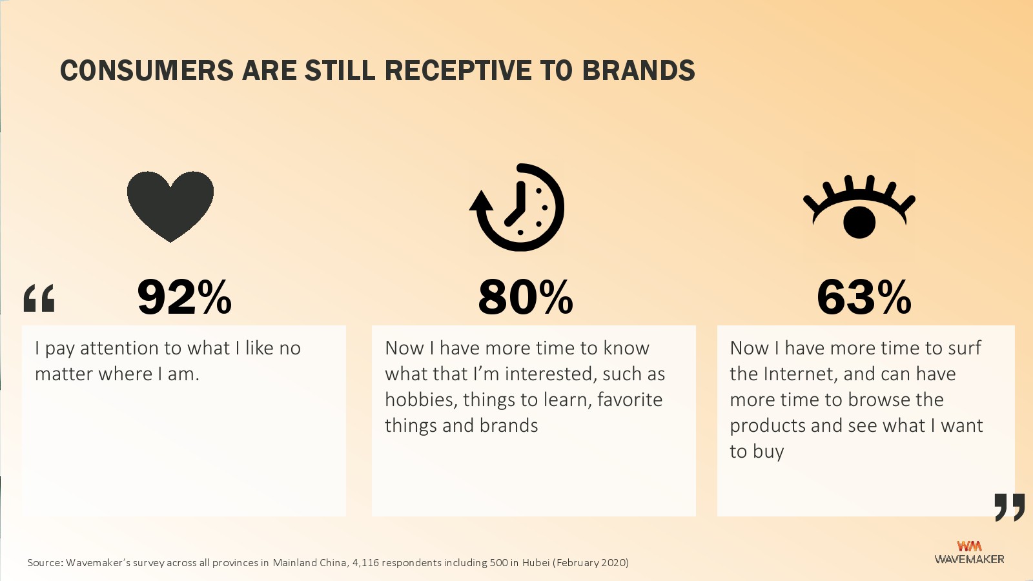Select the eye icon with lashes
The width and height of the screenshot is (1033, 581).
[859, 207]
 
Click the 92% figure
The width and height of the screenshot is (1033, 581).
[184, 298]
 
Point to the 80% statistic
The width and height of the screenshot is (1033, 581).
[526, 298]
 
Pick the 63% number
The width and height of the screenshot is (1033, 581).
[864, 298]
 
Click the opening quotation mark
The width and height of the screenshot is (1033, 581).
[39, 298]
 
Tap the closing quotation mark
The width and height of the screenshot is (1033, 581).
[1010, 507]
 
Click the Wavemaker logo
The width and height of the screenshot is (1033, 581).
[969, 553]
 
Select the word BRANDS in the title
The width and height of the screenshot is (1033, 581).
[639, 70]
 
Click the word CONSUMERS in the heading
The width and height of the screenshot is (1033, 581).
[147, 70]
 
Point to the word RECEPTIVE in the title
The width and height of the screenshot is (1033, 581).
[457, 70]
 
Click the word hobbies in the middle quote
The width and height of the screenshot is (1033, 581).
[421, 400]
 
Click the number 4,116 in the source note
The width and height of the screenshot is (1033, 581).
[365, 562]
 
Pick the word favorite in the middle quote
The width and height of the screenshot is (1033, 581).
[630, 400]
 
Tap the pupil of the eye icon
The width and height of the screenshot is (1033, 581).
[859, 222]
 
